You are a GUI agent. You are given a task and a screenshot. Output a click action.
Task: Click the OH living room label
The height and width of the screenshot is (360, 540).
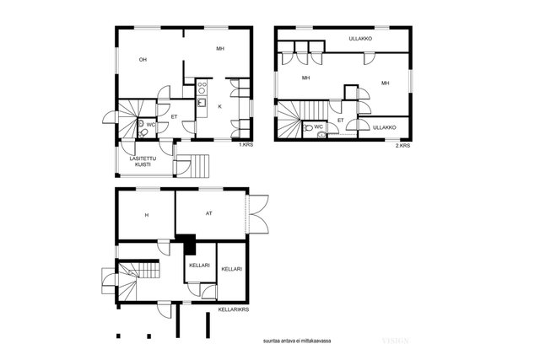pos(143,60)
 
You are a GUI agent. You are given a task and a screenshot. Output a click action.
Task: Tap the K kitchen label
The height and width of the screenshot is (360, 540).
pos(219,107)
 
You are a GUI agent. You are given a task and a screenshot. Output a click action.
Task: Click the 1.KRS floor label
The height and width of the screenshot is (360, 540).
pos(246,145)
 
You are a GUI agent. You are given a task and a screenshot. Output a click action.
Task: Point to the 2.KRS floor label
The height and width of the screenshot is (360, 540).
pos(402,146)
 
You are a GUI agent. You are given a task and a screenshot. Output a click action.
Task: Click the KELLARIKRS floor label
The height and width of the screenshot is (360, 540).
pos(234,309)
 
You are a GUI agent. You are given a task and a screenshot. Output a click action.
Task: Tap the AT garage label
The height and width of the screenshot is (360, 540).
pos(209,213)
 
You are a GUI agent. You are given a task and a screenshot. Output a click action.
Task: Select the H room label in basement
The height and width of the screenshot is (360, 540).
pos(147,215)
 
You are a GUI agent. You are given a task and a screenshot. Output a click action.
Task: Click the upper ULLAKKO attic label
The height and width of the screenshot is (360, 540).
pos(360,39)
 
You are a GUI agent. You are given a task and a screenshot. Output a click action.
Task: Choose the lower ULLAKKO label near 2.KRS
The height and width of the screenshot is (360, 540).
pos(385,127)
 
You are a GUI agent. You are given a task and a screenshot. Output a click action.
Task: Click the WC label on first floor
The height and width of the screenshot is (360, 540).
pos(151,125)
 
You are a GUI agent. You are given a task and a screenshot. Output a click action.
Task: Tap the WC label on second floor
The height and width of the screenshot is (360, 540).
pos(319,126)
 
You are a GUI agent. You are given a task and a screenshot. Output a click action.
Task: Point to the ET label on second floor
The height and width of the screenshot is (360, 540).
pos(341,121)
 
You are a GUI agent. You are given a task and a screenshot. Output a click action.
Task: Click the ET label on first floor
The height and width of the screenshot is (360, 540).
pos(175,117)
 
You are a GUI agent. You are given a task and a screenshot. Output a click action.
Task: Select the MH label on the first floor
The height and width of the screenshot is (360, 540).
pos(220,49)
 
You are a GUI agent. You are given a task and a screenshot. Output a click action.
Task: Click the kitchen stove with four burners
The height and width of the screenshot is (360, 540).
pos(202,87)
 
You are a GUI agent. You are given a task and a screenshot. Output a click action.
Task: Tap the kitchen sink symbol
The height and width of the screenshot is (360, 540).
pos(202,103)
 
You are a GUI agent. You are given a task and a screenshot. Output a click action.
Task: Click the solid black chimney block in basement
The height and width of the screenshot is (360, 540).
pos(187,244)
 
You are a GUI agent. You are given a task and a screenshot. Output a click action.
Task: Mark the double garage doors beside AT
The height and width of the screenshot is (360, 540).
pos(257,214)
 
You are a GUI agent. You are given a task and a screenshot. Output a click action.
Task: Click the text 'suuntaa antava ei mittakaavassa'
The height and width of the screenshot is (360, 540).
pos(297,341)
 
